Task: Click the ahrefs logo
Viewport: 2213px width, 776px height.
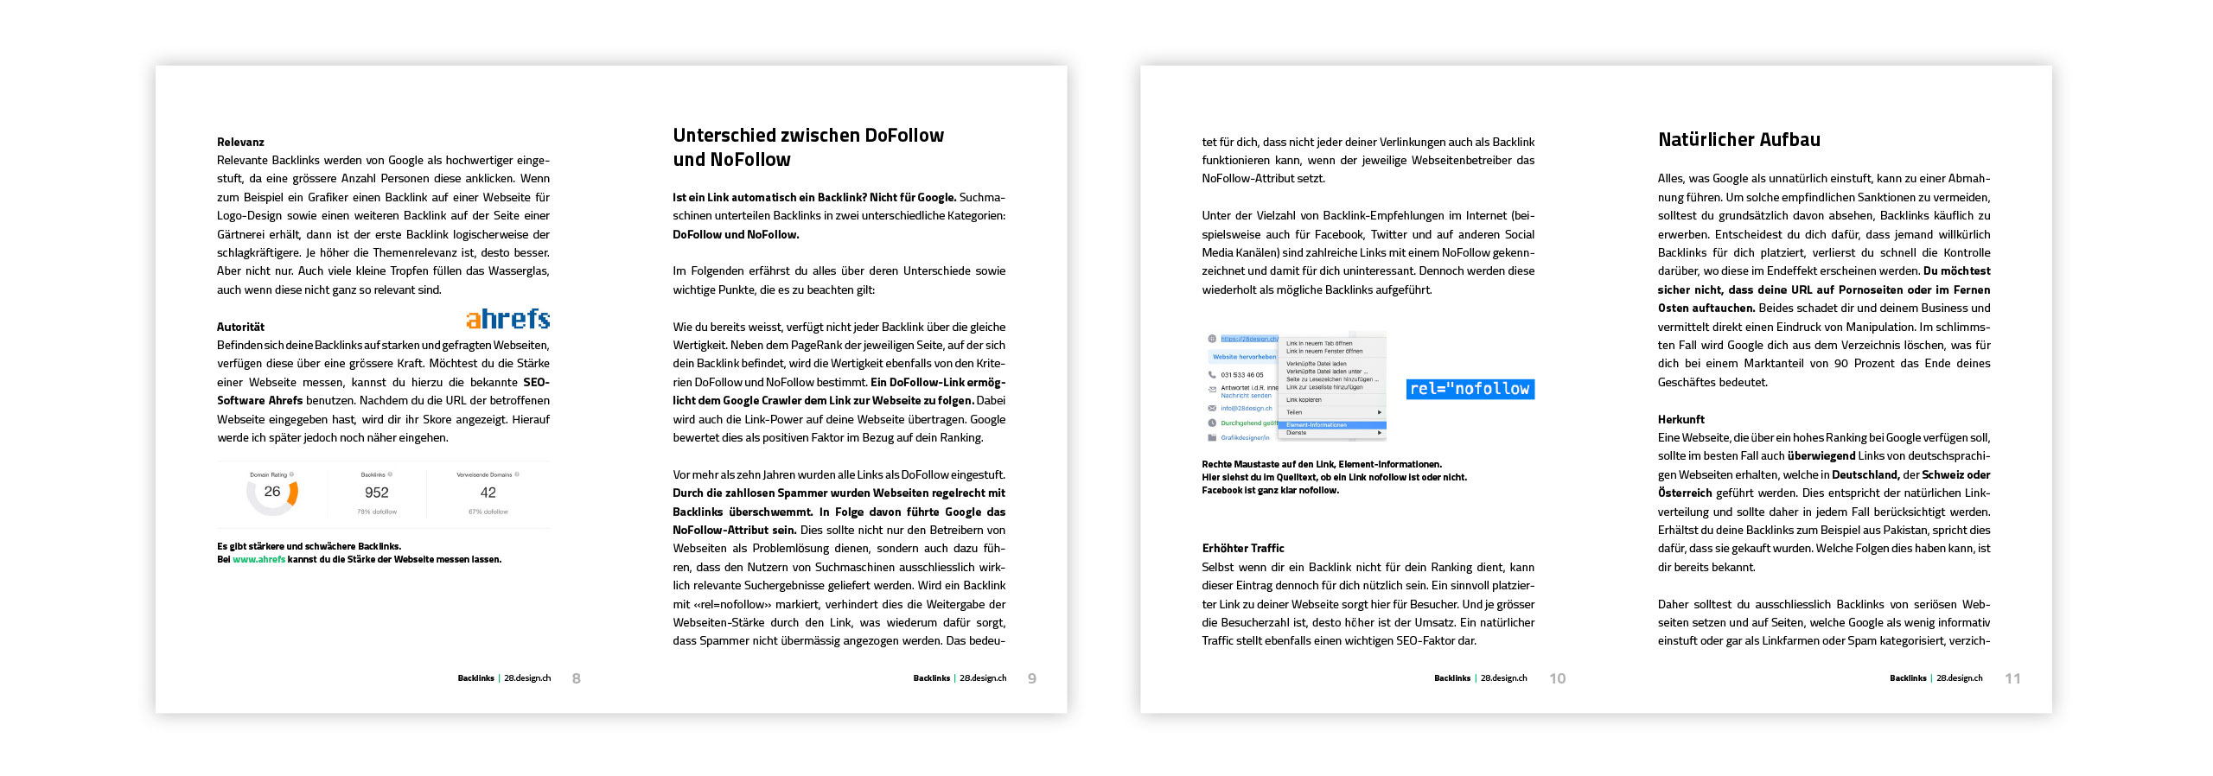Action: pyautogui.click(x=507, y=320)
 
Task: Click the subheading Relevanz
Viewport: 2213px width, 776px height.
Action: pyautogui.click(x=240, y=142)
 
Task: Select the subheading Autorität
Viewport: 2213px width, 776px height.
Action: pyautogui.click(x=240, y=327)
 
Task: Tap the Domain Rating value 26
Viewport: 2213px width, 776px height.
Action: pyautogui.click(x=271, y=492)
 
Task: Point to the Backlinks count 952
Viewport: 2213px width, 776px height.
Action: pyautogui.click(x=377, y=493)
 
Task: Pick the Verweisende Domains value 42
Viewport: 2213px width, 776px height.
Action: pyautogui.click(x=488, y=493)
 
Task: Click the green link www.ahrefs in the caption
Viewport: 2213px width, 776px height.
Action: pyautogui.click(x=258, y=559)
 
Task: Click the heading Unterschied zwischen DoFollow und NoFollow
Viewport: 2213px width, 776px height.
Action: pyautogui.click(x=807, y=147)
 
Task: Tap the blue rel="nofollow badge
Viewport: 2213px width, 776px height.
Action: pyautogui.click(x=1470, y=389)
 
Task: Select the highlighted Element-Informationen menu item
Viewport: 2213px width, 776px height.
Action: pyautogui.click(x=1331, y=425)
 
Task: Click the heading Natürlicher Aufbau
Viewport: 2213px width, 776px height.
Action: pyautogui.click(x=1738, y=140)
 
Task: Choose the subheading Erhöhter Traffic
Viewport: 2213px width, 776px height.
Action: pyautogui.click(x=1242, y=548)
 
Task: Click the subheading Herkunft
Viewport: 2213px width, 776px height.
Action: pyautogui.click(x=1680, y=419)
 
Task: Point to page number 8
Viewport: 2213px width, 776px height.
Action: pyautogui.click(x=577, y=679)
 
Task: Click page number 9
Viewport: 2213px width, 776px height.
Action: pyautogui.click(x=1031, y=679)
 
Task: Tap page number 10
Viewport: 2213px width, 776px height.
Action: pyautogui.click(x=1557, y=679)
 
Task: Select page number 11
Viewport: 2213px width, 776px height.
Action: pyautogui.click(x=2012, y=679)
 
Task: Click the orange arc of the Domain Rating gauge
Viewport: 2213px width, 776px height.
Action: pyautogui.click(x=294, y=493)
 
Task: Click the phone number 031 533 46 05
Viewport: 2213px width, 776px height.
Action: pyautogui.click(x=1241, y=375)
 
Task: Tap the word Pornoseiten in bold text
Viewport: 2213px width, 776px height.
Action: pyautogui.click(x=1868, y=289)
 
